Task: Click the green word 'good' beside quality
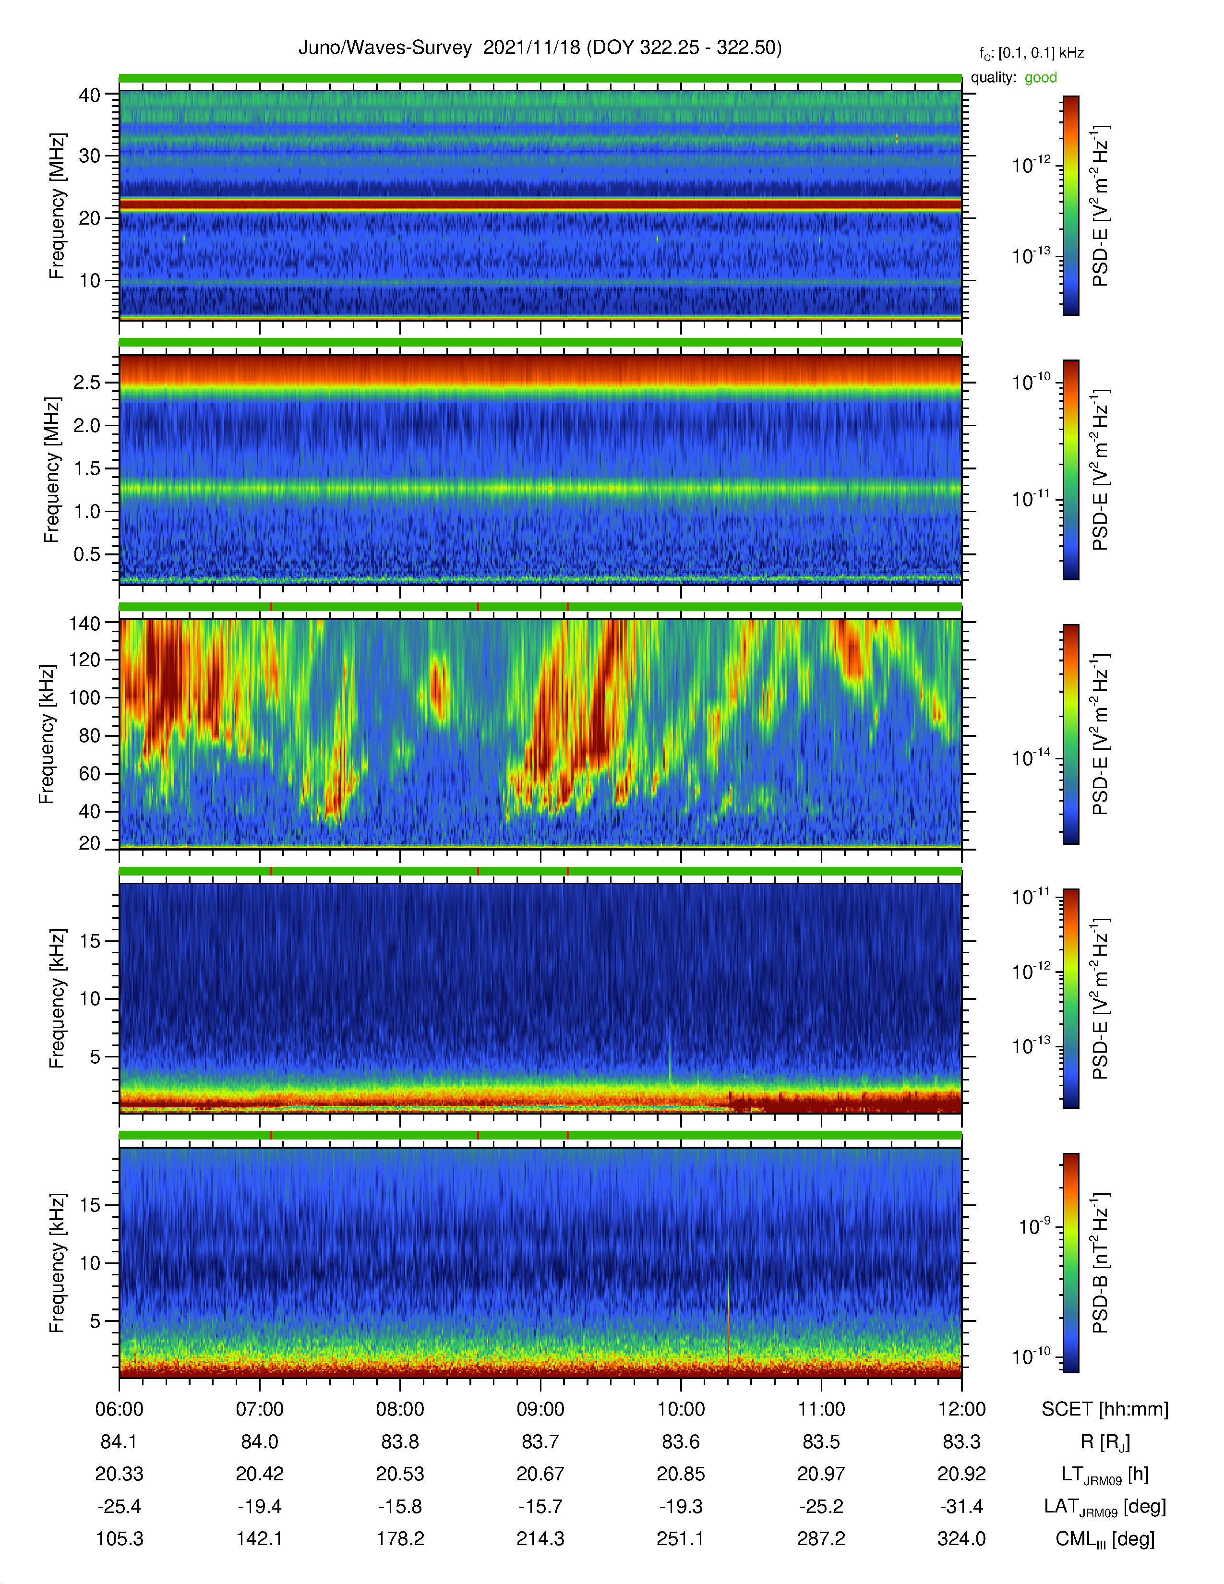tap(1041, 78)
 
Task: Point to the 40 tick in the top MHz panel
tap(89, 95)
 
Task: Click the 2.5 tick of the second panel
tap(86, 382)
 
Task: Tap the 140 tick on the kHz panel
tap(84, 623)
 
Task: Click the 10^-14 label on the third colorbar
tap(1031, 757)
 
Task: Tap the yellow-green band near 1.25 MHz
tap(540, 488)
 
